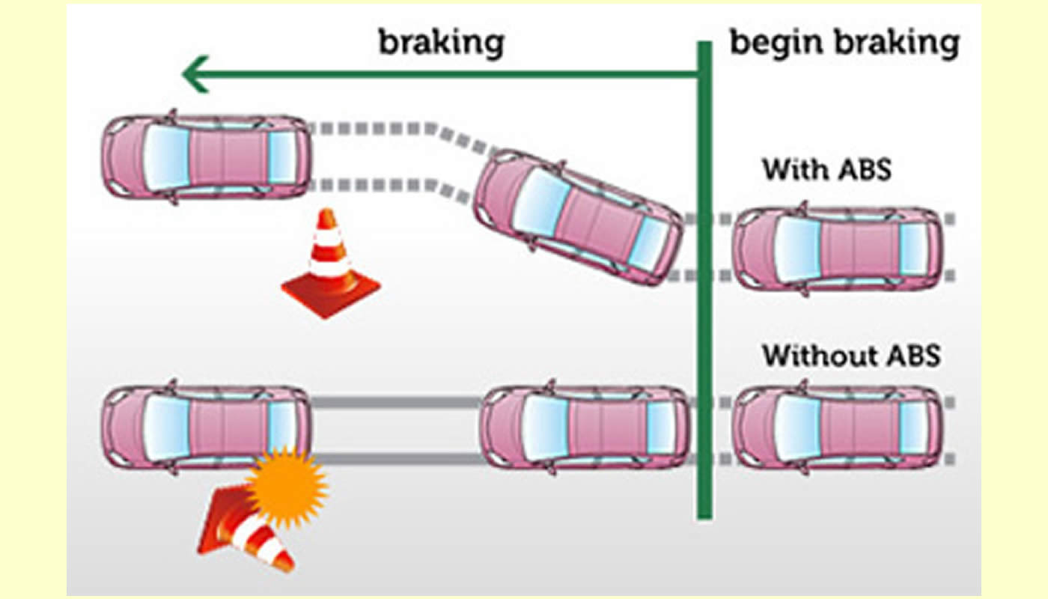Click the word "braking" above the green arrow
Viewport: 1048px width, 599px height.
click(441, 43)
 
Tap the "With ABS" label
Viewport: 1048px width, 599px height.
click(827, 169)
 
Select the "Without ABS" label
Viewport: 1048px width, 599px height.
click(850, 354)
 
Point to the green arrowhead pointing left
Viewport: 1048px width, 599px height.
click(196, 75)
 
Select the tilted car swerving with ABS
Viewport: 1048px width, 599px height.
click(578, 217)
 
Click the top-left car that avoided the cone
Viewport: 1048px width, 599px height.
click(206, 157)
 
